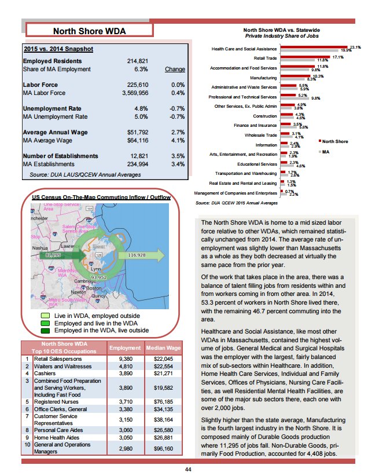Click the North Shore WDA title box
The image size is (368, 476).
click(x=89, y=31)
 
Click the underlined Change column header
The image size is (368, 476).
click(x=175, y=69)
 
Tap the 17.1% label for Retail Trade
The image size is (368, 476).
click(x=337, y=57)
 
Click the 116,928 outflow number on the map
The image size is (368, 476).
click(x=136, y=255)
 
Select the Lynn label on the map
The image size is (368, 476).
click(x=95, y=270)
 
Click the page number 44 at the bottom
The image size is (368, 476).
click(x=187, y=469)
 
